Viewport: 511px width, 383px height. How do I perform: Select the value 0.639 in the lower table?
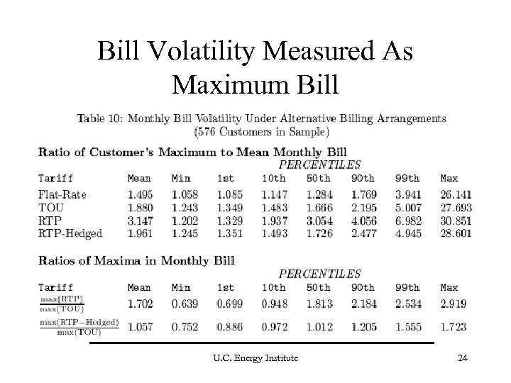185,303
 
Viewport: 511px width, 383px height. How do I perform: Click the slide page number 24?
463,359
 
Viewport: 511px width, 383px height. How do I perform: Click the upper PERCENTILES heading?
319,164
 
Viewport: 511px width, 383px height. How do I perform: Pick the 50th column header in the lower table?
319,287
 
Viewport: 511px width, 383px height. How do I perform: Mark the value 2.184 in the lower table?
365,303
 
